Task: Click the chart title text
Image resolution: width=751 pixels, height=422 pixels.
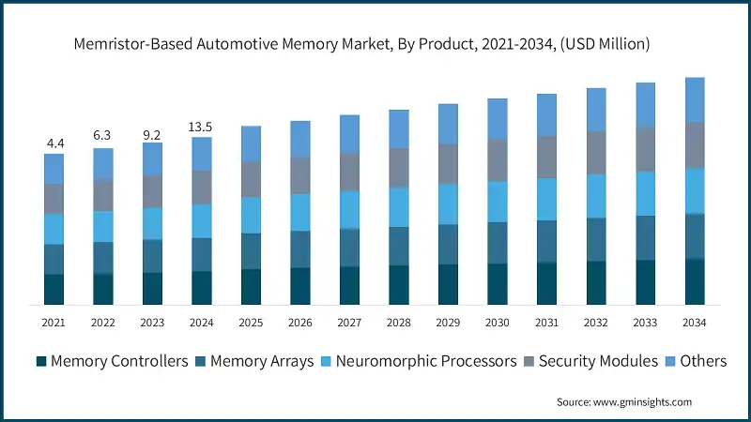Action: (375, 43)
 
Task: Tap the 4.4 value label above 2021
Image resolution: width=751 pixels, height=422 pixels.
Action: (54, 143)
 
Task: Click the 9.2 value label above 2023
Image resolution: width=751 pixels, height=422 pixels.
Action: (152, 133)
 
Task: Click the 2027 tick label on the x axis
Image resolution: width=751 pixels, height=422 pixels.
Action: (349, 322)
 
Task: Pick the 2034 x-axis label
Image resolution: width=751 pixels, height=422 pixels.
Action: (694, 322)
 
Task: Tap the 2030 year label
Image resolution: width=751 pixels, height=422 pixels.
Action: (497, 322)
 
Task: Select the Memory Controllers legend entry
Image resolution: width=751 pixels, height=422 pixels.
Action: (112, 361)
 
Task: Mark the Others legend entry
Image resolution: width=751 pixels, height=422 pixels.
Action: (696, 361)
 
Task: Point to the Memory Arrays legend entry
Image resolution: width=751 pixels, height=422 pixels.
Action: (253, 361)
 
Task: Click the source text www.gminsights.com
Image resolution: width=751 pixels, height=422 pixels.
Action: (623, 401)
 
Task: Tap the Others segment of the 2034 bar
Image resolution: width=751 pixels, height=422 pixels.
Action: (694, 99)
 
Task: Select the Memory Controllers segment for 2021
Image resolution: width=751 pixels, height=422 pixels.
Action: (54, 289)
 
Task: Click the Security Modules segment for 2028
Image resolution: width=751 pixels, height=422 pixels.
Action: (399, 167)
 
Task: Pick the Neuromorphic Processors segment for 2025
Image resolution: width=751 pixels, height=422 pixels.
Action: (251, 215)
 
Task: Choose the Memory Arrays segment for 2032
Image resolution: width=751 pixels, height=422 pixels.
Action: (595, 239)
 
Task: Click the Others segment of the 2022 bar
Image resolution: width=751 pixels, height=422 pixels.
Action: (103, 163)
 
